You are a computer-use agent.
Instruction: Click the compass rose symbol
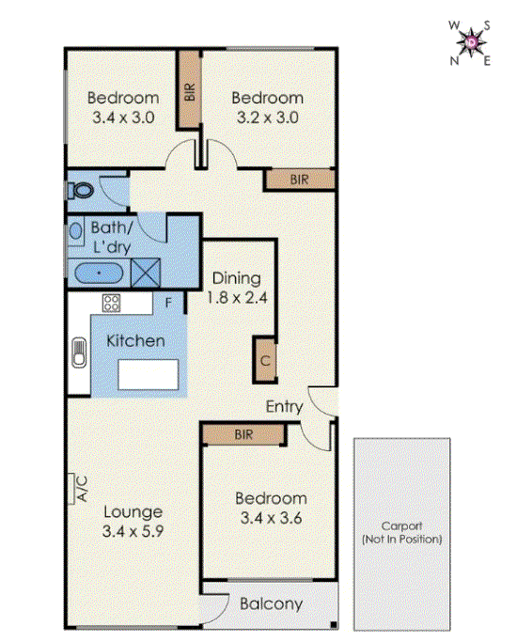tap(469, 42)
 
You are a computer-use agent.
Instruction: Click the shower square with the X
tap(146, 274)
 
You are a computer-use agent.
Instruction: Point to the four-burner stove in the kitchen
tap(112, 303)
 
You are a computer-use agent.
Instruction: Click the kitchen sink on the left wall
tap(78, 357)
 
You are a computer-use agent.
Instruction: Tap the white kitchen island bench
tap(149, 374)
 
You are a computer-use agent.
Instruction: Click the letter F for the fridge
tap(167, 303)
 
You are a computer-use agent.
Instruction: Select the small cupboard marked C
tap(265, 360)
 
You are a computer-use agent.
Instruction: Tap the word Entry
tap(284, 407)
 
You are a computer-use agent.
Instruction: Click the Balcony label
tap(271, 604)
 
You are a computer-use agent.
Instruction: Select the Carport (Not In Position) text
tap(401, 533)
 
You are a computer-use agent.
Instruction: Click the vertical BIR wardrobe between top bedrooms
tap(190, 90)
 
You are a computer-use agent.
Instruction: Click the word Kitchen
tap(135, 340)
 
